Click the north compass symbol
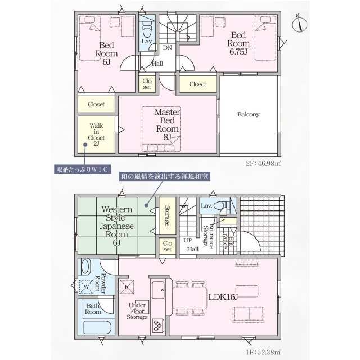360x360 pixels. click(300, 24)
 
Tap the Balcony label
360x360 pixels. click(249, 114)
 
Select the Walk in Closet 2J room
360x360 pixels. click(96, 134)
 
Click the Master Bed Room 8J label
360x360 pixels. click(168, 124)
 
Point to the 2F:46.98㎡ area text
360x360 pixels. click(263, 164)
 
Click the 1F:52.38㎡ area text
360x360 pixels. click(263, 352)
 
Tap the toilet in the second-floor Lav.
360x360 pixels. click(147, 29)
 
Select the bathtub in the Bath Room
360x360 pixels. click(97, 327)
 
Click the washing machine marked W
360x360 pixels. click(86, 286)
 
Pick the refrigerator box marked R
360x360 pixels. click(127, 286)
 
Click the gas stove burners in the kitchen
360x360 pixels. click(158, 326)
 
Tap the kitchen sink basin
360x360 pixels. click(158, 290)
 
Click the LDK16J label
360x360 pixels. click(223, 297)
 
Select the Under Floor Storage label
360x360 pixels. click(137, 311)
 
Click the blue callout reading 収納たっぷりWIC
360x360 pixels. click(83, 169)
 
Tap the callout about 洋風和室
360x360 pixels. click(164, 177)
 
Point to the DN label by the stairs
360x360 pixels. click(168, 47)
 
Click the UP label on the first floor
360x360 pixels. click(188, 240)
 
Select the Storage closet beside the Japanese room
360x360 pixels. click(168, 215)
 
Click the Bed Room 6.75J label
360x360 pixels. click(238, 43)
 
